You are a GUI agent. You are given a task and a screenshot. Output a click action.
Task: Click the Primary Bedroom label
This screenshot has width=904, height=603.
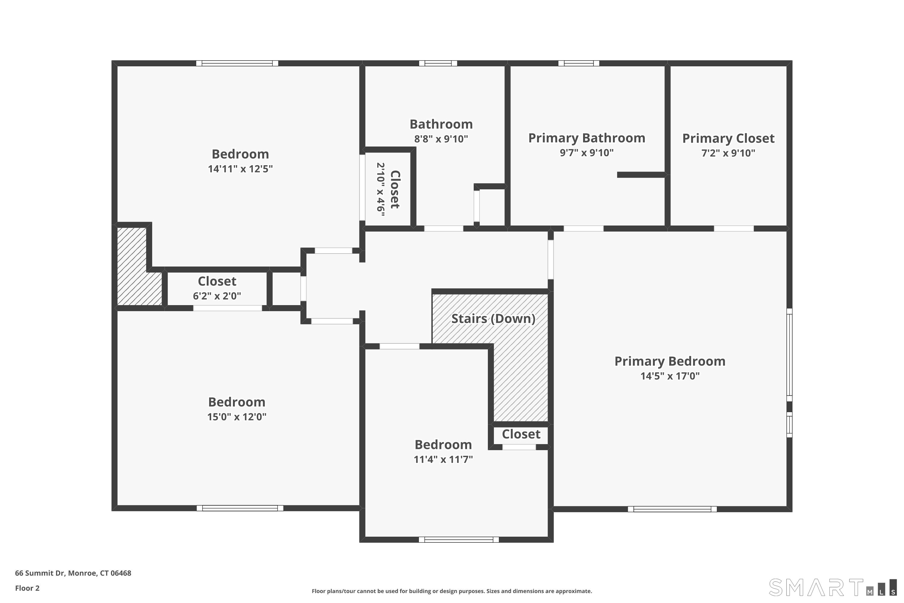click(x=670, y=361)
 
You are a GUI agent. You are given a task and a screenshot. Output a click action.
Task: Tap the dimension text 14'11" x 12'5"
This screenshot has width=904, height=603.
click(x=240, y=169)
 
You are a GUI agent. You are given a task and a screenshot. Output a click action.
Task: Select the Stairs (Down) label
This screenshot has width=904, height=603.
click(x=493, y=318)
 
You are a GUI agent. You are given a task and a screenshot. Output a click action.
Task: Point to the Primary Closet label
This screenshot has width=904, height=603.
click(x=728, y=138)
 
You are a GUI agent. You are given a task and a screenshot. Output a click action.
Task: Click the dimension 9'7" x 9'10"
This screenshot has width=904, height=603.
click(x=586, y=153)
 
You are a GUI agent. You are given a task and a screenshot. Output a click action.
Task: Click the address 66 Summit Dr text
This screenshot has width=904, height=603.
click(x=73, y=573)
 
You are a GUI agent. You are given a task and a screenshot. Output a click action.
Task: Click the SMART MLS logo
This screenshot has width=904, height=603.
click(x=832, y=588)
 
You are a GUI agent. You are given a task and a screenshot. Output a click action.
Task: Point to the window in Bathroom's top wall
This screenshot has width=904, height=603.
click(x=438, y=63)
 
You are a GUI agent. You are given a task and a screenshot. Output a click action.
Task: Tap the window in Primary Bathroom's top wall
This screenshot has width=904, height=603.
click(x=579, y=63)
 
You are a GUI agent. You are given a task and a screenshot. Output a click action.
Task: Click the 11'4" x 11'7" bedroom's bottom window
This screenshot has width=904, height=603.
click(x=459, y=540)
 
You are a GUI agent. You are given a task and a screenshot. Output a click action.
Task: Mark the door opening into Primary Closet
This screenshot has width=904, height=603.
click(x=733, y=229)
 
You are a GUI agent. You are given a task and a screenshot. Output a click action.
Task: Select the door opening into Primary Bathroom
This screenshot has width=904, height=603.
click(x=583, y=229)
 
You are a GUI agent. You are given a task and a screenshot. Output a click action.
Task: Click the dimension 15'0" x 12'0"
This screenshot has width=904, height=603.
click(x=237, y=417)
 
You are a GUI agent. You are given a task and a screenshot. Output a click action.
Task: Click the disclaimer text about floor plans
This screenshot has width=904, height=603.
click(x=452, y=591)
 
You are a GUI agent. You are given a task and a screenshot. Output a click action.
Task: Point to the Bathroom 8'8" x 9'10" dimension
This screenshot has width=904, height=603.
click(x=441, y=139)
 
